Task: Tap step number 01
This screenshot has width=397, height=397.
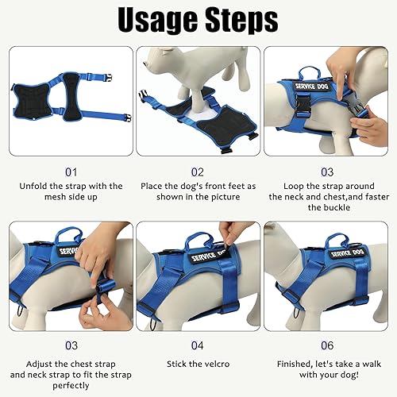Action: tap(71, 170)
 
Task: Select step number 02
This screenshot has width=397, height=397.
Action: tap(198, 170)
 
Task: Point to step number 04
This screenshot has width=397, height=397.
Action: tap(198, 345)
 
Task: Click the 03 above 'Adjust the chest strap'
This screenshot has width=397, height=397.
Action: tap(71, 345)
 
